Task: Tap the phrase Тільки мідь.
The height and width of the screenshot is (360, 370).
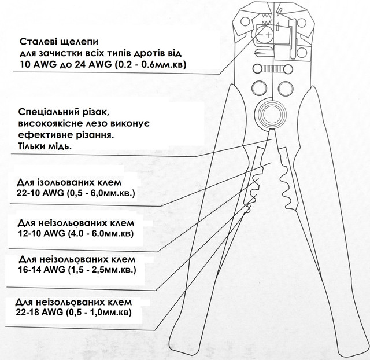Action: click(45, 146)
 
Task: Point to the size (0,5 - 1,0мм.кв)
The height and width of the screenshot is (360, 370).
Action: click(99, 313)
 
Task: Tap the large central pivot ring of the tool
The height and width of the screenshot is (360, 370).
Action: click(271, 114)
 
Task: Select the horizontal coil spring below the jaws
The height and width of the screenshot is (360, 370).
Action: click(273, 69)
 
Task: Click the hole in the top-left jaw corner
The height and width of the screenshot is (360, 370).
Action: click(245, 22)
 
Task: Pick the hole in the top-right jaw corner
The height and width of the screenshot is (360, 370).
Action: click(301, 23)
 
